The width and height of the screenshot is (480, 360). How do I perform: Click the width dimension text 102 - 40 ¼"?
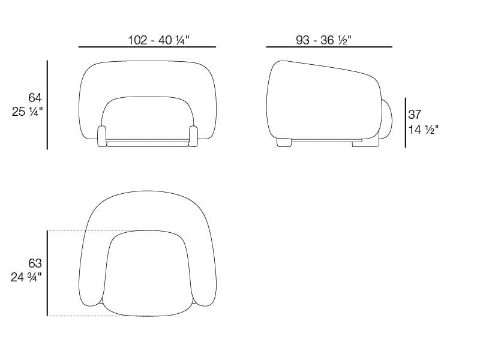point(158,40)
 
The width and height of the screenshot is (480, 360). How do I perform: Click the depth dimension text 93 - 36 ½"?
point(323,40)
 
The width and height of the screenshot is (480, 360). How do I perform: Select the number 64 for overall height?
point(35,98)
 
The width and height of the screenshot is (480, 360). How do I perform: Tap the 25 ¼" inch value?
point(28,112)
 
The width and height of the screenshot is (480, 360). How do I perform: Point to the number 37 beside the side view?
point(415,115)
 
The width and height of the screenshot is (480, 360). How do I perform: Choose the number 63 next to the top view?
point(35,263)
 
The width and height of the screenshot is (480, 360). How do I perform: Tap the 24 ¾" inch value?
point(28,277)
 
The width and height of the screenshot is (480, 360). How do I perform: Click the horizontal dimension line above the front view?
point(147,47)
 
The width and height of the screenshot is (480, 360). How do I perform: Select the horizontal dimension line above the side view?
point(329,47)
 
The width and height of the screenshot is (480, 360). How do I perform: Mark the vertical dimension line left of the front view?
point(47,105)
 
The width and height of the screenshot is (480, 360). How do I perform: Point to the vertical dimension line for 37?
point(405,123)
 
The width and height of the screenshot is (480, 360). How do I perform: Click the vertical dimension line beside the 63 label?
point(47,273)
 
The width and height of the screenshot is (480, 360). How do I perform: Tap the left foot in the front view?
point(101,136)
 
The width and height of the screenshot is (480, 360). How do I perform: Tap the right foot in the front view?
point(193,136)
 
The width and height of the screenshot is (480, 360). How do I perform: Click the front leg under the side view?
point(284,142)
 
